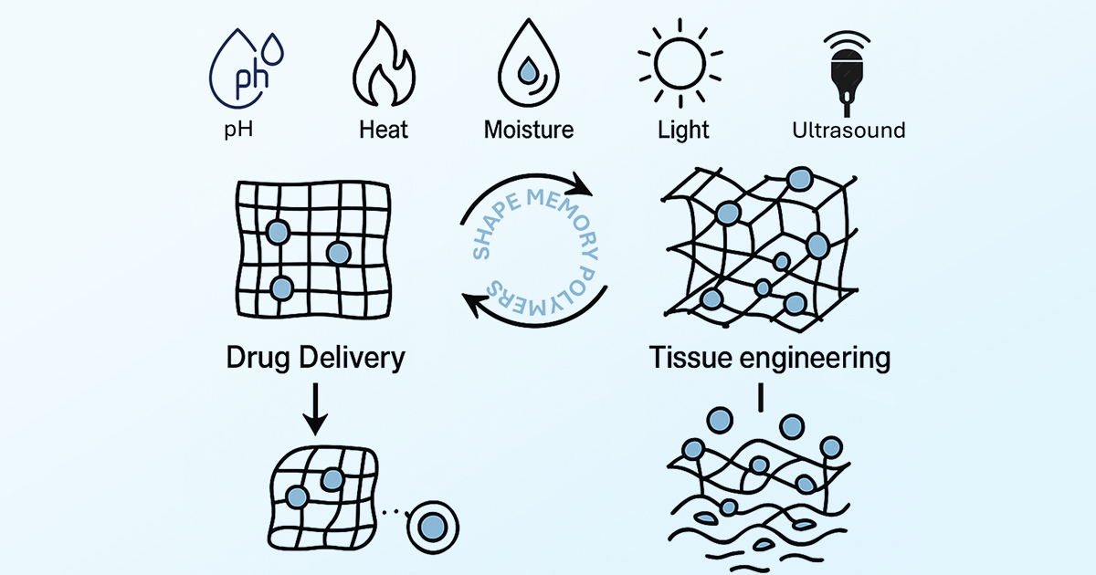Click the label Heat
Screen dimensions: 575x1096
click(x=384, y=130)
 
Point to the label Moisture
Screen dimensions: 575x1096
click(x=529, y=130)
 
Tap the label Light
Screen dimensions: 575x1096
click(x=683, y=130)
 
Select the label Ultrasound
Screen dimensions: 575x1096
click(x=848, y=130)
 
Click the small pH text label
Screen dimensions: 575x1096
click(x=238, y=130)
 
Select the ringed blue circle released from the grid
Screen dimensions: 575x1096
click(x=432, y=526)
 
